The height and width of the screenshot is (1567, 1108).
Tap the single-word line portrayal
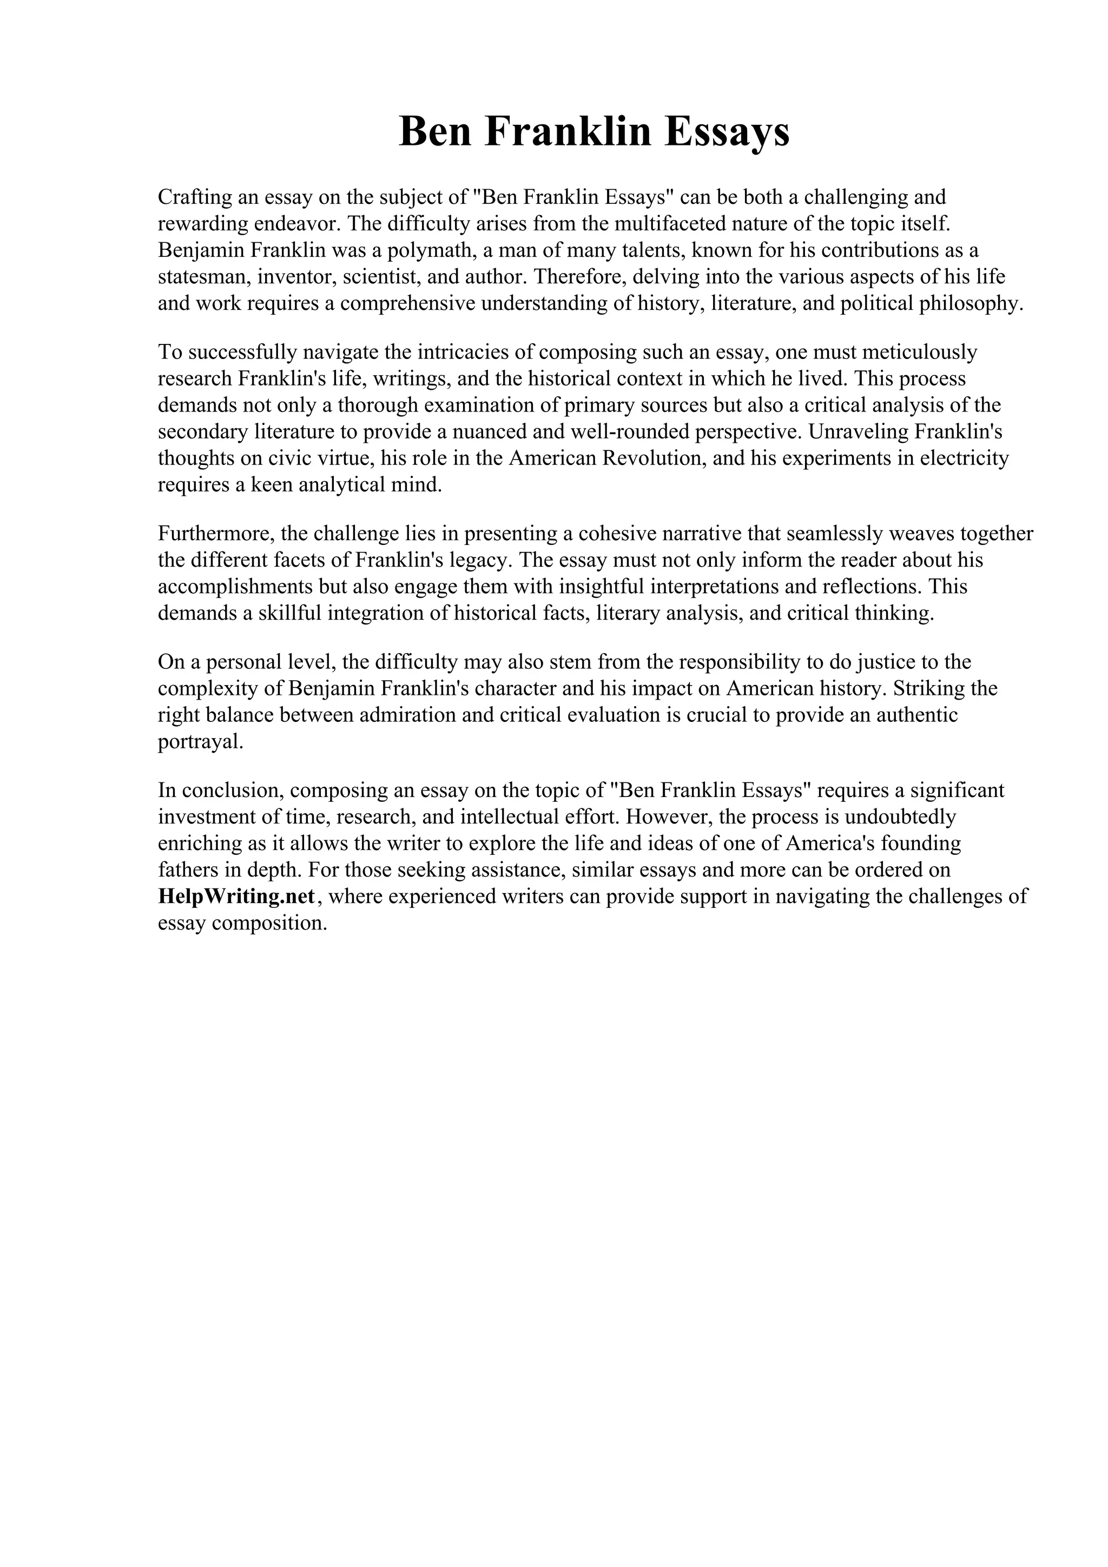coord(200,742)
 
